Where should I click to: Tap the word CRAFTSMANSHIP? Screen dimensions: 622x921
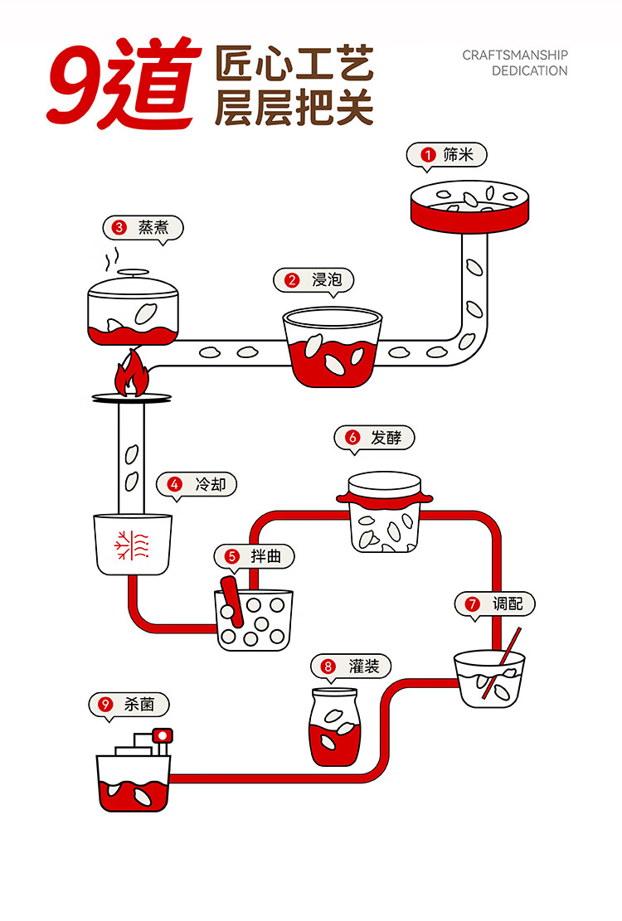(514, 56)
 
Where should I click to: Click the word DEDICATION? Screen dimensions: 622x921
(529, 71)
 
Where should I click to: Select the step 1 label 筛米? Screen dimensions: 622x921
(458, 154)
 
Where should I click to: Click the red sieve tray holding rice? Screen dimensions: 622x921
(469, 206)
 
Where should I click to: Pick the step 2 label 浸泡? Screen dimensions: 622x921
(327, 279)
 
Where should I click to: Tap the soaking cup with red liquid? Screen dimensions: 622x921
(333, 347)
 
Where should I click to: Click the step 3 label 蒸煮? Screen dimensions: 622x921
(153, 227)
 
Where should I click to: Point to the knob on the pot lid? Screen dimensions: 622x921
(134, 273)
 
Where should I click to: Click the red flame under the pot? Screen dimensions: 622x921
(131, 374)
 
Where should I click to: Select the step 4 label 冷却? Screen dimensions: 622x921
(211, 485)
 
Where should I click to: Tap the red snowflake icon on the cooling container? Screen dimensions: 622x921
(132, 545)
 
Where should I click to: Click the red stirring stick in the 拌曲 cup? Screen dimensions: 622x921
(232, 602)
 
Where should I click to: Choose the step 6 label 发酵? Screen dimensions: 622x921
(386, 438)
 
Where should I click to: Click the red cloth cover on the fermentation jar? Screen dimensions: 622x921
(385, 499)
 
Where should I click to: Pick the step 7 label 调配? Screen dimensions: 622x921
(508, 603)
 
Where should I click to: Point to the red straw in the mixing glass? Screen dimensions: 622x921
(502, 663)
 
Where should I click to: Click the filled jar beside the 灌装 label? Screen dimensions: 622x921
(334, 727)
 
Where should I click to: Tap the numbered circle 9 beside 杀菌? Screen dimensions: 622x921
(105, 705)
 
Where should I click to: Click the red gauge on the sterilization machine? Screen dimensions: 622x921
(162, 734)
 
